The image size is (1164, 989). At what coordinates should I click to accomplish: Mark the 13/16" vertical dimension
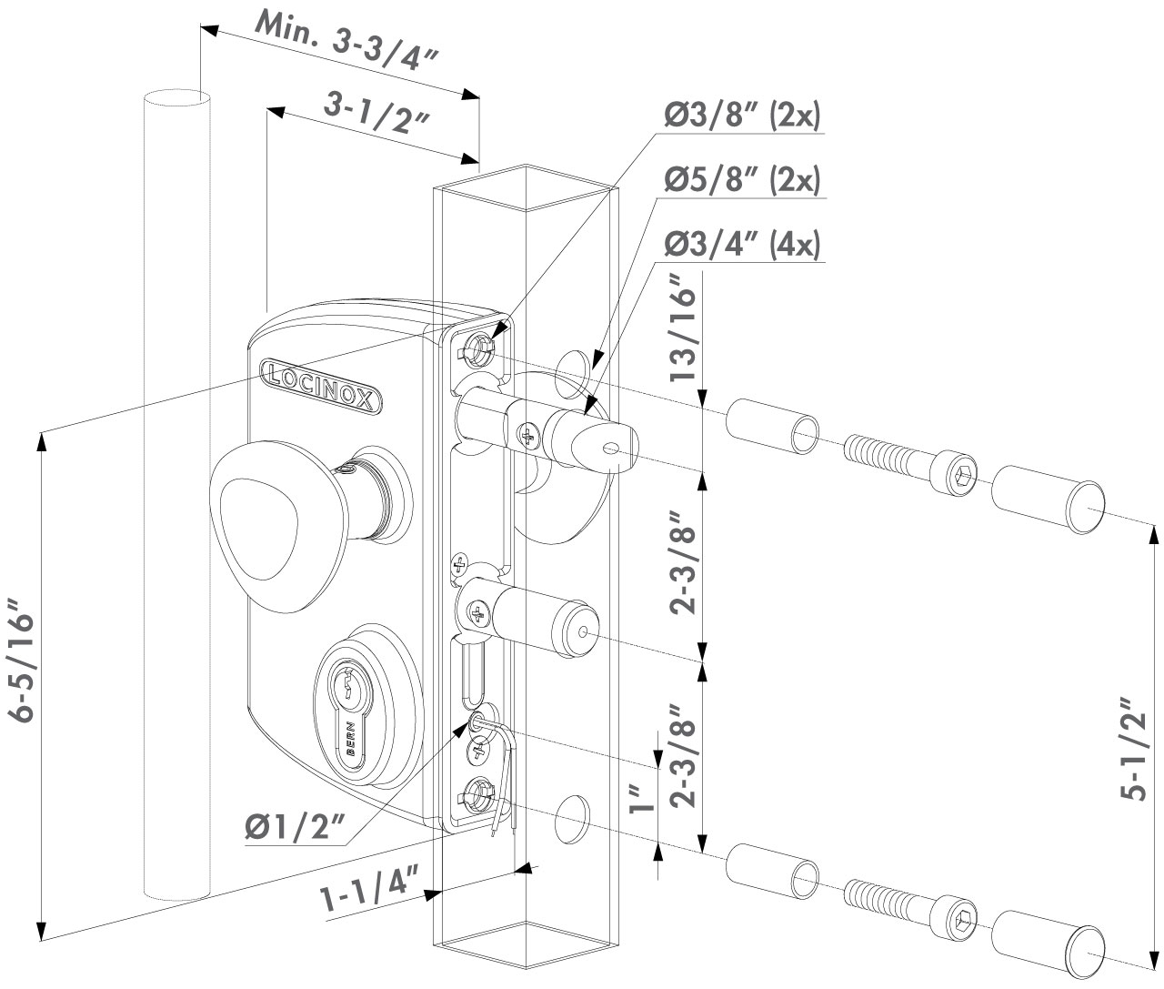pyautogui.click(x=684, y=333)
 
